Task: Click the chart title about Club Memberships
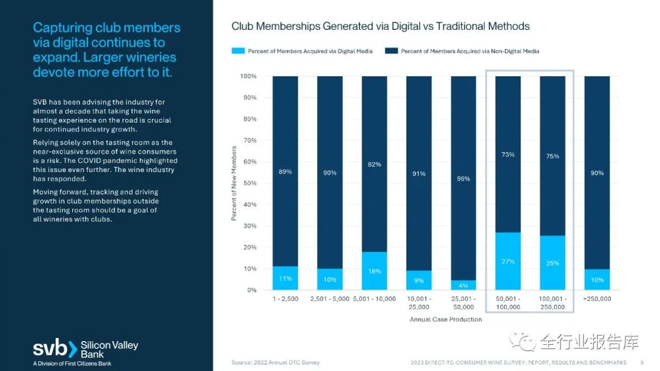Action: pyautogui.click(x=380, y=26)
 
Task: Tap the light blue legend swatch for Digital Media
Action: pyautogui.click(x=238, y=51)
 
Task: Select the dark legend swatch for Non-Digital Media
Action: pyautogui.click(x=392, y=51)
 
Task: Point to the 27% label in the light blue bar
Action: pyautogui.click(x=508, y=262)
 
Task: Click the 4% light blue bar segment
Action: pyautogui.click(x=463, y=285)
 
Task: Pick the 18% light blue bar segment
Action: pyautogui.click(x=374, y=271)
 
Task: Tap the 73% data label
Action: pyautogui.click(x=508, y=155)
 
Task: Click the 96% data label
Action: pyautogui.click(x=463, y=179)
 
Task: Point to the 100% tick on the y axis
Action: pyautogui.click(x=248, y=76)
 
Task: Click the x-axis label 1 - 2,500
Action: pyautogui.click(x=285, y=299)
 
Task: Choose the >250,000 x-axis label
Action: pyautogui.click(x=596, y=299)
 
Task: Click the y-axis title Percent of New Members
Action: pyautogui.click(x=234, y=183)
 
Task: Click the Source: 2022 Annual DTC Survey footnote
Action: pyautogui.click(x=275, y=362)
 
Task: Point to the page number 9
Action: pyautogui.click(x=642, y=362)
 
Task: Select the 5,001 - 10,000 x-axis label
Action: pyautogui.click(x=374, y=299)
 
